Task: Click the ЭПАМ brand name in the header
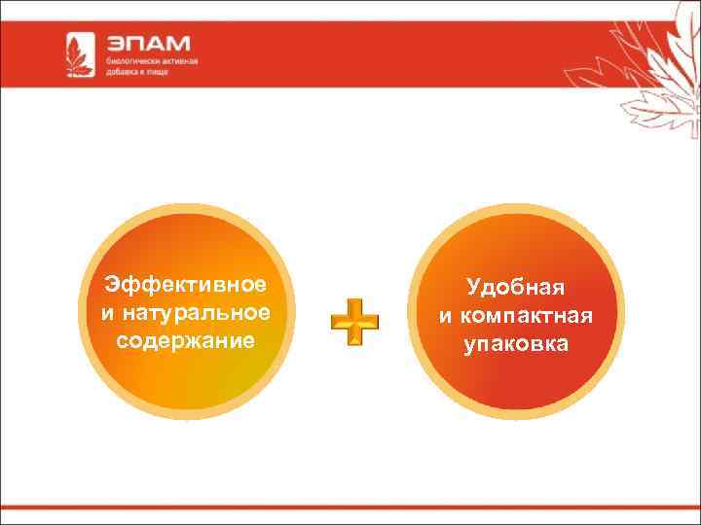coord(148,44)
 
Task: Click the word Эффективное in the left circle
coord(185,285)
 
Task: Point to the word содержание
coord(185,341)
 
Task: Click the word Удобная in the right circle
coord(516,287)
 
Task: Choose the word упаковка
coord(516,344)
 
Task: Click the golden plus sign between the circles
coord(354,321)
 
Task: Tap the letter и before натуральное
coord(106,314)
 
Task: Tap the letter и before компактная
coord(445,317)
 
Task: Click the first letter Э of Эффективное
coord(112,285)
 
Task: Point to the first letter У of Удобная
coord(472,287)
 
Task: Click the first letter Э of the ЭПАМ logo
coord(117,44)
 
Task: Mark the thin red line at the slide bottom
coord(350,507)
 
